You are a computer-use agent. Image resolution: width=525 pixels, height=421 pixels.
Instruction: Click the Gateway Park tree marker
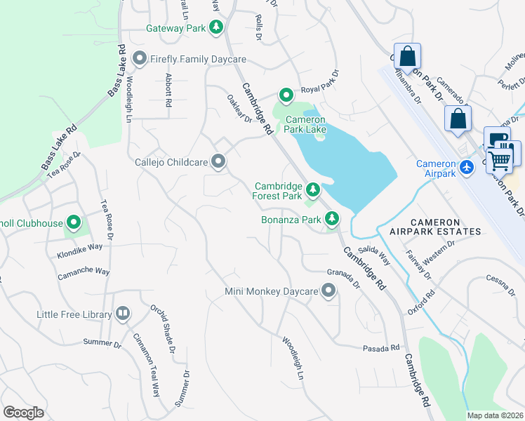(x=217, y=28)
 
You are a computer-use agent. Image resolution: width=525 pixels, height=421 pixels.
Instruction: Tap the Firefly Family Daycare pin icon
(x=138, y=59)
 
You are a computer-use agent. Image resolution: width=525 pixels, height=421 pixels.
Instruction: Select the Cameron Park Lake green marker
(x=286, y=95)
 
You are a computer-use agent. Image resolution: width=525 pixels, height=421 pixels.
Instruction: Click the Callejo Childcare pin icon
(x=219, y=162)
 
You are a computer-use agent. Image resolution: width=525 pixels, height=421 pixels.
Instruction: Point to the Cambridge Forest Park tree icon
(x=312, y=189)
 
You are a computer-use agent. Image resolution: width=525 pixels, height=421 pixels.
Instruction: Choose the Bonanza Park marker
(x=331, y=220)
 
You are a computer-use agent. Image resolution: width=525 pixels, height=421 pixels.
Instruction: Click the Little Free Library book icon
(x=123, y=314)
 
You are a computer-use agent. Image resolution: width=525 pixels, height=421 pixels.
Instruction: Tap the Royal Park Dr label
(x=319, y=81)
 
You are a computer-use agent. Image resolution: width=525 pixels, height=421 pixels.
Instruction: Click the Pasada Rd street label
(x=380, y=347)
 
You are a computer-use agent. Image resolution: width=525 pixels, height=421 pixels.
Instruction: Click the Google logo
(x=23, y=413)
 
